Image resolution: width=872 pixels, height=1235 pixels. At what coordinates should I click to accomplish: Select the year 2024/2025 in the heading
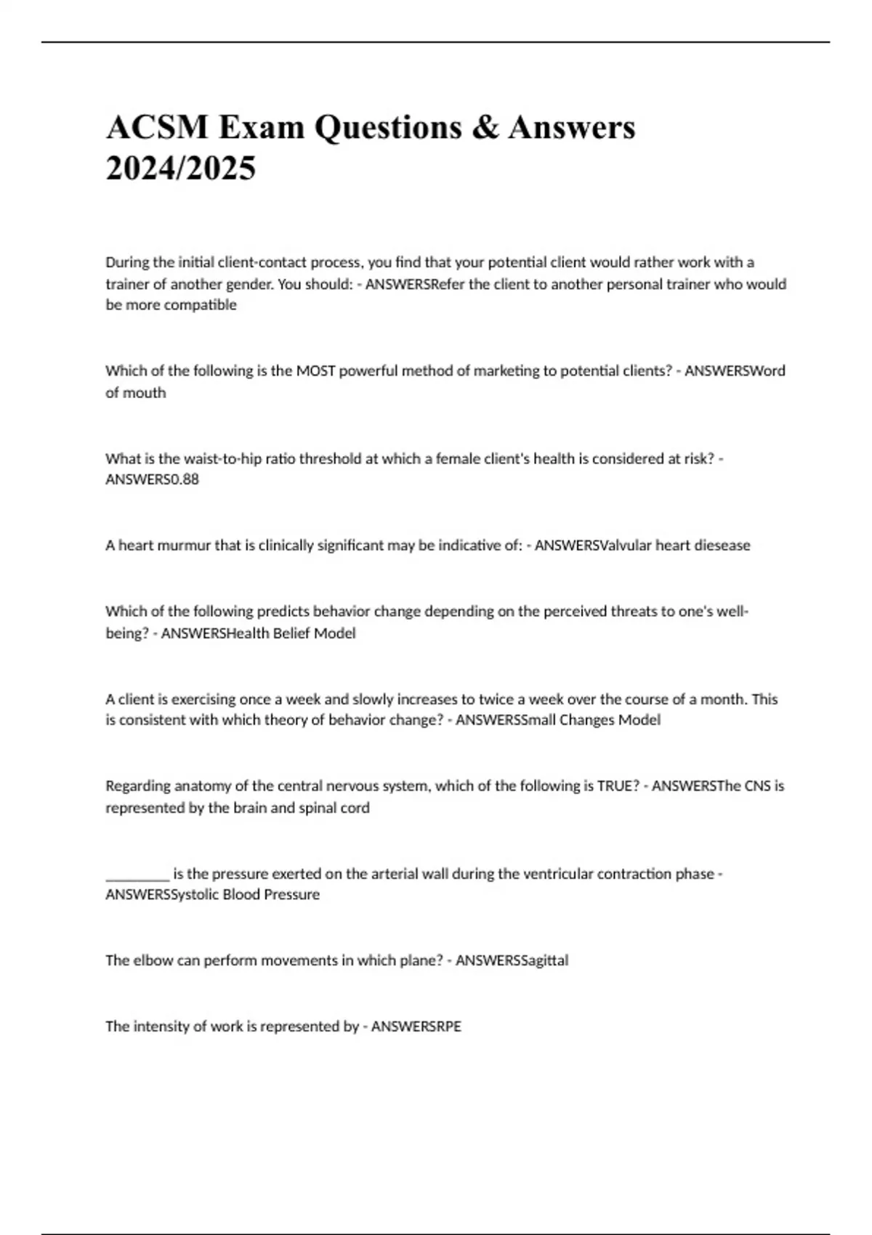(181, 169)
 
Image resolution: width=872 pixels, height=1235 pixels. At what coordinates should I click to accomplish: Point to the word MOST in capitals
(315, 371)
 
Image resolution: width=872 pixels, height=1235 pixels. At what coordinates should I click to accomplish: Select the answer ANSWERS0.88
(152, 479)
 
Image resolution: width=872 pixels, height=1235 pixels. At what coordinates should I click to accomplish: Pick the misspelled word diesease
(723, 546)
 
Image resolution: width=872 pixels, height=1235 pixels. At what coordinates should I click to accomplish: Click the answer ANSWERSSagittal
(512, 960)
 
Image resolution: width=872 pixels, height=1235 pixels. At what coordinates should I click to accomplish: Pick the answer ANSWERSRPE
(416, 1027)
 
